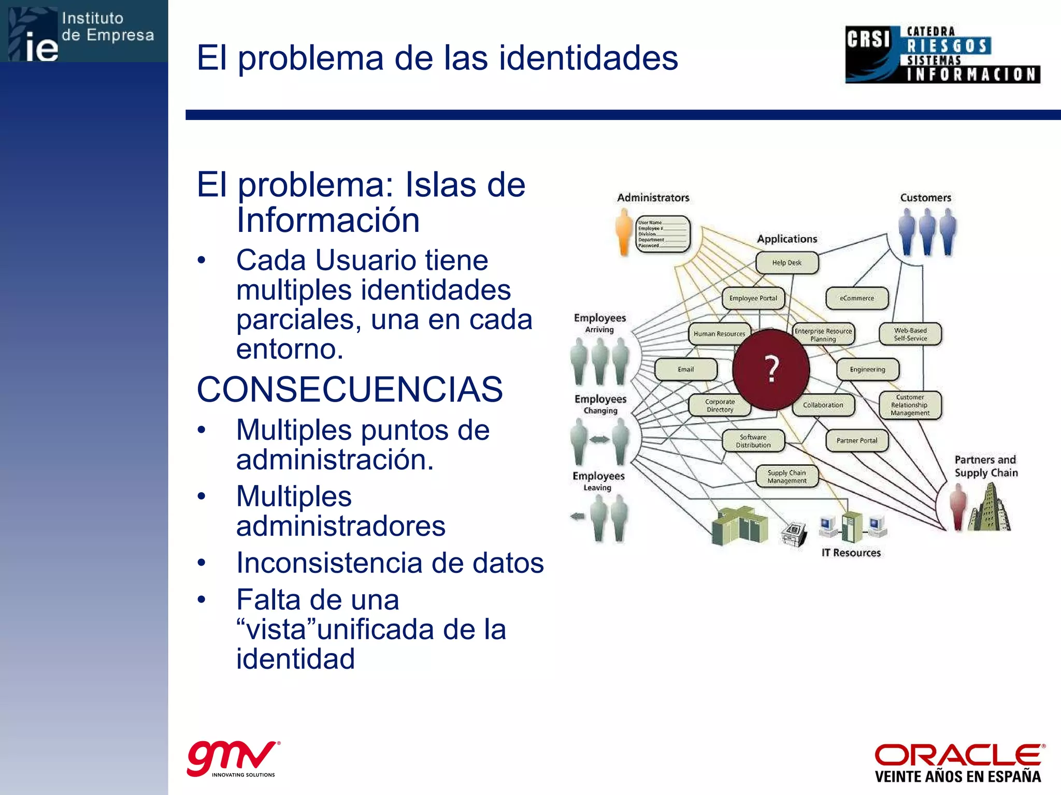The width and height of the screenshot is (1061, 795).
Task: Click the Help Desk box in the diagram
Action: [x=786, y=262]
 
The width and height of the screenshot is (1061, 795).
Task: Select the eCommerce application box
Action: [x=856, y=298]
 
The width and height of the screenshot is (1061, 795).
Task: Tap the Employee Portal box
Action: [x=753, y=298]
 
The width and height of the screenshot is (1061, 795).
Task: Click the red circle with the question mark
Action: [x=771, y=369]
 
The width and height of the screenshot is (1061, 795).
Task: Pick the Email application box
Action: [x=685, y=369]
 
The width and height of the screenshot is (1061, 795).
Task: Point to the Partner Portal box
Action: [x=856, y=440]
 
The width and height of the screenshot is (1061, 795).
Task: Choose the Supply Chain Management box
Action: [x=786, y=476]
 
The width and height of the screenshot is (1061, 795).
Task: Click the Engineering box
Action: [x=867, y=369]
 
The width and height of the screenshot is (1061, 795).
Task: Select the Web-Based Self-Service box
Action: [x=910, y=334]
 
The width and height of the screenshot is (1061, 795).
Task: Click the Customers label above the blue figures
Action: [x=925, y=197]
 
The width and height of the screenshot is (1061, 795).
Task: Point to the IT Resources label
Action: [x=851, y=552]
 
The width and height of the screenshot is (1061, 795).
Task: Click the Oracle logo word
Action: [x=958, y=755]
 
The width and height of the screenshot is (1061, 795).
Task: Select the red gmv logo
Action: [x=231, y=757]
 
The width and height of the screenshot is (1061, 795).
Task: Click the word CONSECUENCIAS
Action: [x=350, y=389]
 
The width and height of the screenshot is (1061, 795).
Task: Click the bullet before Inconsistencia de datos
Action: [x=202, y=563]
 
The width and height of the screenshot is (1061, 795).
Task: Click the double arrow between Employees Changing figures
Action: [x=599, y=440]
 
